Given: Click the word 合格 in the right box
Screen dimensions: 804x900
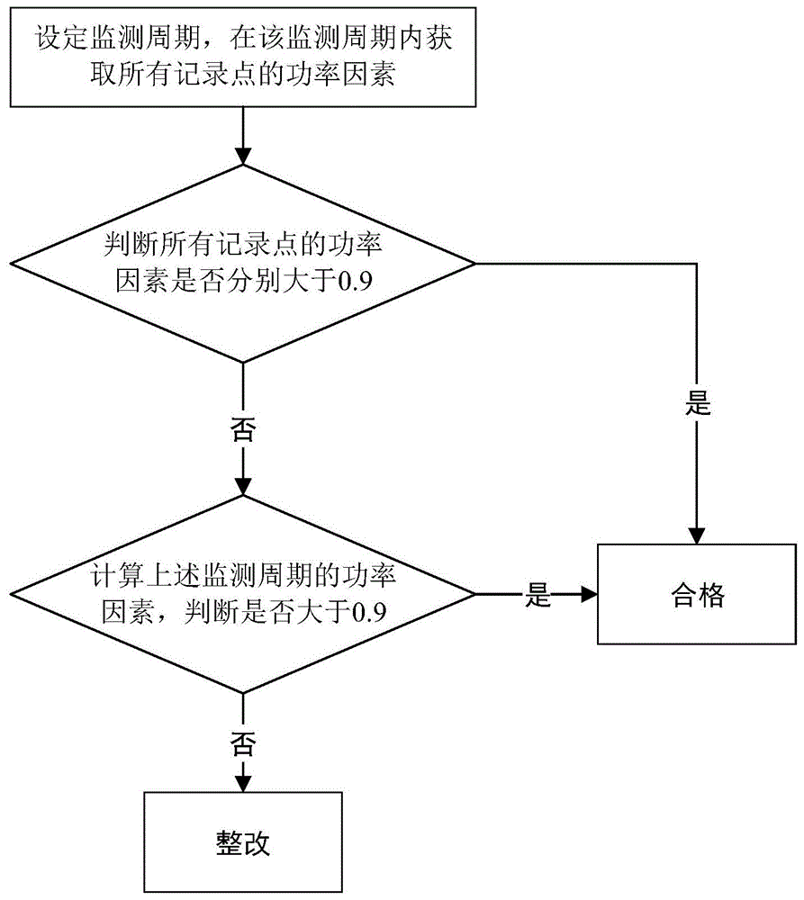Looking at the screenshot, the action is tap(698, 595).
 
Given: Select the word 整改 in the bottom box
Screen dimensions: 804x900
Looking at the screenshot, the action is tap(243, 842).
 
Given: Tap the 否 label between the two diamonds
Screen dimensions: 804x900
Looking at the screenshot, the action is tap(243, 428).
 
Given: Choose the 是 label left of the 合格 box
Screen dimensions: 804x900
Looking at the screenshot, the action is tap(538, 595).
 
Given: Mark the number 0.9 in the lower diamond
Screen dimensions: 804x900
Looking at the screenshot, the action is tap(369, 613).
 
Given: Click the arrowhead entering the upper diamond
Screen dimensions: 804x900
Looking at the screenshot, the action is tap(243, 156).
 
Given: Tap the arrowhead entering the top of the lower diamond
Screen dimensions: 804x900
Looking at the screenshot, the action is tap(243, 486).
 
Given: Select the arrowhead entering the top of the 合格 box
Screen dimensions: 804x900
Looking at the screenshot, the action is tap(697, 535).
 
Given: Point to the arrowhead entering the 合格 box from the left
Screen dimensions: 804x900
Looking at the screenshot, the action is tap(589, 594).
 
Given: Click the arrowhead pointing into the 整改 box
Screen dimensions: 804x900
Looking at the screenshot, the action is tap(243, 784).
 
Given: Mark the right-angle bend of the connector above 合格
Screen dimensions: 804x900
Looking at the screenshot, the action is tap(697, 264).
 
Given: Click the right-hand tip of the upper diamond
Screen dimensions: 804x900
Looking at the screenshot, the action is tap(475, 264).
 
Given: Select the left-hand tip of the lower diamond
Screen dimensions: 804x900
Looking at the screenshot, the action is tap(12, 594).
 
